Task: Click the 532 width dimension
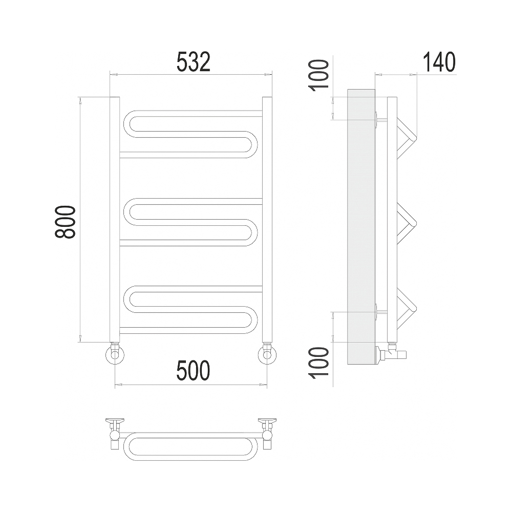[x=194, y=61]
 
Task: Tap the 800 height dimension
[x=66, y=222]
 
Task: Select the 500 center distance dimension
[x=193, y=371]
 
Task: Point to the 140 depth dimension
[x=439, y=61]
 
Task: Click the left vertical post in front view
[x=115, y=220]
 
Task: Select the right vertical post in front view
[x=267, y=220]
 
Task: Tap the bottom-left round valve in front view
[x=115, y=355]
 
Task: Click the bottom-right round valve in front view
[x=267, y=355]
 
